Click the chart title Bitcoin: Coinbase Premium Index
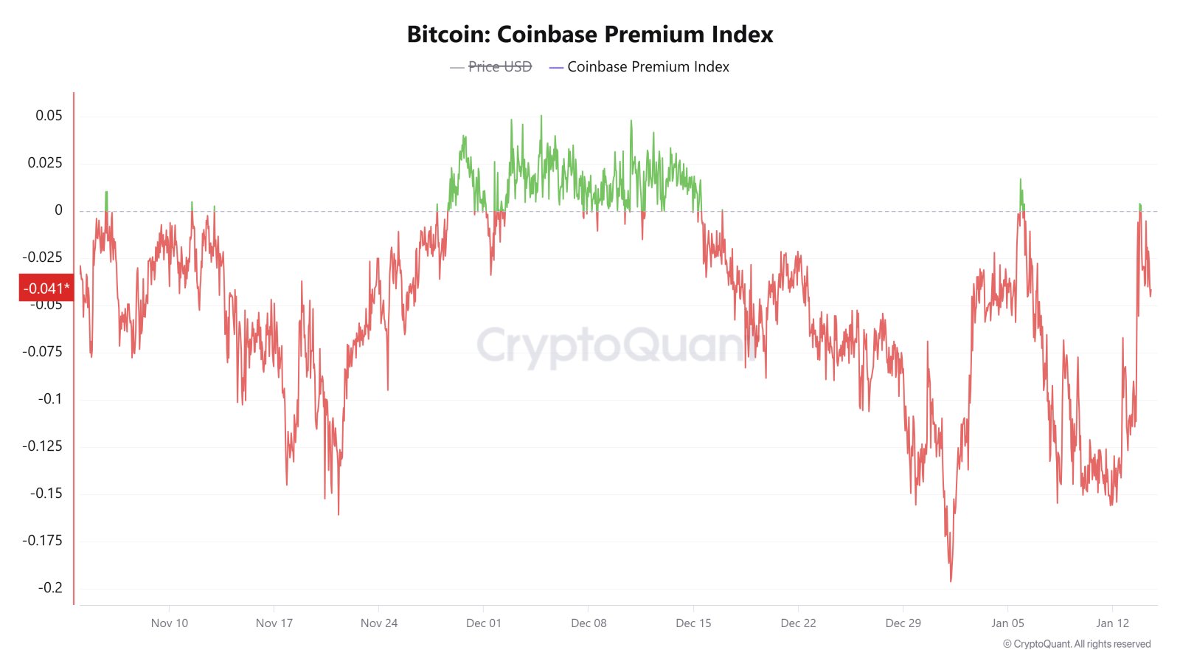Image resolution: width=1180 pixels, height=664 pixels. (590, 35)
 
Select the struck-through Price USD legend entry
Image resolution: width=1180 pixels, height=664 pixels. (499, 67)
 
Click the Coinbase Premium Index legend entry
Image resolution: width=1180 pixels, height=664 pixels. (648, 67)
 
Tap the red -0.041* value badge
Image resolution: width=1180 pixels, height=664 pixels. (46, 288)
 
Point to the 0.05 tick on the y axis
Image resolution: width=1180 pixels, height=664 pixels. (49, 116)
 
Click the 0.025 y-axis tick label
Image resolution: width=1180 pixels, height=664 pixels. (45, 163)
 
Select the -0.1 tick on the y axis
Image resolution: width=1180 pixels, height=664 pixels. (50, 399)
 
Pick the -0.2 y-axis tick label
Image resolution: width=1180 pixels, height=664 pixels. (50, 588)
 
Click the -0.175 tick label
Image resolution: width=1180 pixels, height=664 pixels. (42, 541)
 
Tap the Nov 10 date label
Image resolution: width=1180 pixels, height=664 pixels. (170, 623)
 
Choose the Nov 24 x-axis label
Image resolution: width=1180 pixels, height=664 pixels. (379, 623)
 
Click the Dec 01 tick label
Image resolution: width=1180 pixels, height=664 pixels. (484, 623)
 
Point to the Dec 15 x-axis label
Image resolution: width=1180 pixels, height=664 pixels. (693, 623)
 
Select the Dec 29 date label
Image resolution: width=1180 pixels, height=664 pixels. (903, 623)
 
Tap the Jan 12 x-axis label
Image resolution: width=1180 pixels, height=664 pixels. (1112, 623)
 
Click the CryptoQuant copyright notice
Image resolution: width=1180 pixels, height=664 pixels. (1077, 644)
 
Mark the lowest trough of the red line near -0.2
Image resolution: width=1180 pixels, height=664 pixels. (951, 581)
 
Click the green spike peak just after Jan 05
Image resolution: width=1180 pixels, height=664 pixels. (1021, 179)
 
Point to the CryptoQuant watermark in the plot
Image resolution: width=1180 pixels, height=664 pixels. (612, 345)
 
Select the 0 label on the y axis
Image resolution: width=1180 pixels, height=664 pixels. (58, 210)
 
